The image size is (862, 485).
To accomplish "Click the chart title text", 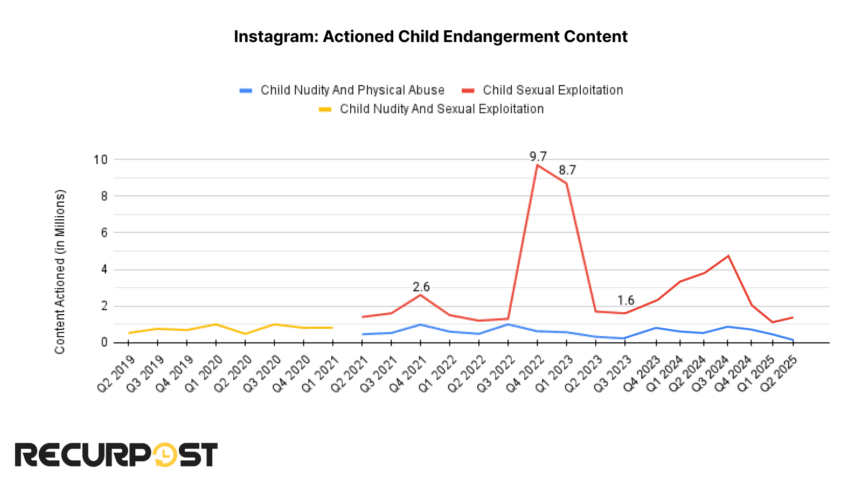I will (x=430, y=37).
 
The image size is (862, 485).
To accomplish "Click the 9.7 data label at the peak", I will (x=538, y=157).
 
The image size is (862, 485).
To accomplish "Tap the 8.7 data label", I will (x=567, y=170).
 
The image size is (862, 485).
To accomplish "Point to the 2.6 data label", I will (x=421, y=287).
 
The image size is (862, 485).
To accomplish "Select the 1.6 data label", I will (x=625, y=301).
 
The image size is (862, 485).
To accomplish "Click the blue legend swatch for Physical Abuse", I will (x=246, y=91).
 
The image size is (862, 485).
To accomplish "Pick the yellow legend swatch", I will (x=325, y=109).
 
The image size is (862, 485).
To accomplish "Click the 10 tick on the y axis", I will (x=101, y=160).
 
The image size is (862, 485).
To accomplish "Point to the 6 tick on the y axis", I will (x=104, y=233).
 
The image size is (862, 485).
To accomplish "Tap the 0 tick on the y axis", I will (x=104, y=343).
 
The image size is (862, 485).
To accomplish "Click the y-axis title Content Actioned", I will (x=60, y=272).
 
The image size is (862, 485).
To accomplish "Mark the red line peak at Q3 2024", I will (x=728, y=256).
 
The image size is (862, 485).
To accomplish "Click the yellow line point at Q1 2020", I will (x=216, y=324).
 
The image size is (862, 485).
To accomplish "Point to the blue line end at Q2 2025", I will (x=793, y=340).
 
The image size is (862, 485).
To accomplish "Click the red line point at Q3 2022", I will (x=508, y=318).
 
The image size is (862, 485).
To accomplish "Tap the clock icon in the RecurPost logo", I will (x=165, y=455).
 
